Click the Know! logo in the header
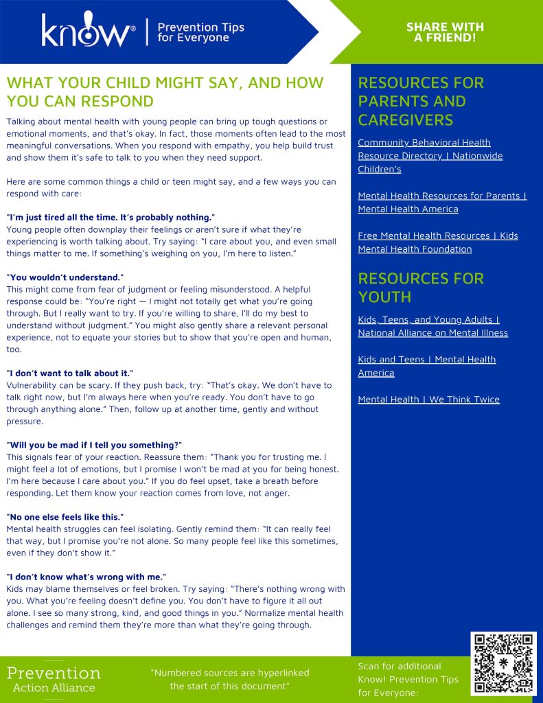[87, 32]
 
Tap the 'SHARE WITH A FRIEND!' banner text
[445, 32]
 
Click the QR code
[503, 664]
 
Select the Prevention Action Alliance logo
[54, 678]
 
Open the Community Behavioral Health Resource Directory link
[430, 156]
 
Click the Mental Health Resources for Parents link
[442, 203]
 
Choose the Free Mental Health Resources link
[437, 242]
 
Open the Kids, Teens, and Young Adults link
[432, 326]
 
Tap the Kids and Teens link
[426, 366]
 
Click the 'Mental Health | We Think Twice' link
[428, 400]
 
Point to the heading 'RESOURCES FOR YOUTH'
[420, 288]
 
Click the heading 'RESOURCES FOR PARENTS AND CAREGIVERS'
[420, 102]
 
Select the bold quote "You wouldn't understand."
[65, 277]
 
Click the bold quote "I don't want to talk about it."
[69, 373]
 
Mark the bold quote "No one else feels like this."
[65, 517]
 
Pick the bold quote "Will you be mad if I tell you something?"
[94, 445]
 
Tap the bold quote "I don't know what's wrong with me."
[86, 577]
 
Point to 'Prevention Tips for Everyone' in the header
[200, 32]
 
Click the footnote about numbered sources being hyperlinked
[229, 679]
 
